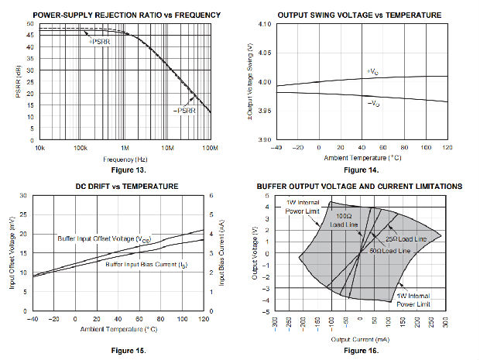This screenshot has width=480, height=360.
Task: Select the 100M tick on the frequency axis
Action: [211, 146]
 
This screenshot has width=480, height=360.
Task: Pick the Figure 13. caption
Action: [123, 168]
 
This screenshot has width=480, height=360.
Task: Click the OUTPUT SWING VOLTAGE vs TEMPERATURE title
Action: [360, 15]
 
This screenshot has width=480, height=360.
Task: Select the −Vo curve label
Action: [372, 102]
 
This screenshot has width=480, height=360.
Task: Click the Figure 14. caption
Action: [361, 169]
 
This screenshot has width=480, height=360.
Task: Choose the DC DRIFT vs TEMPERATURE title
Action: [124, 186]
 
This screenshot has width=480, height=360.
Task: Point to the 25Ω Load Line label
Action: [405, 240]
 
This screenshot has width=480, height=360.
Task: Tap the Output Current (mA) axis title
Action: [360, 339]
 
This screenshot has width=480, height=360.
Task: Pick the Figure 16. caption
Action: [361, 350]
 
